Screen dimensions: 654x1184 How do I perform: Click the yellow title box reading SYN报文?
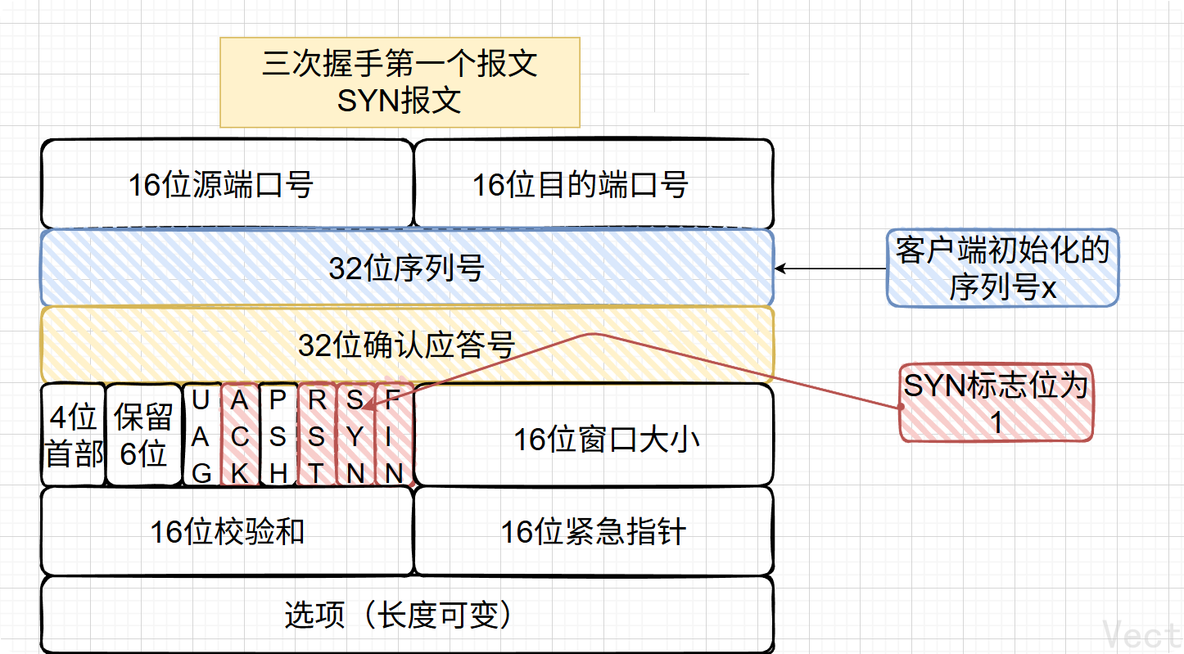tap(400, 82)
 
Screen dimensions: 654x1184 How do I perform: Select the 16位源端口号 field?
tap(226, 184)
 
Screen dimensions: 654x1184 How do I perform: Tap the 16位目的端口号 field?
tap(593, 184)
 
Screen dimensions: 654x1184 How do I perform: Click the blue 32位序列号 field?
tap(407, 268)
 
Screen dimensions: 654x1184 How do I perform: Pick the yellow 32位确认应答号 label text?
tap(407, 345)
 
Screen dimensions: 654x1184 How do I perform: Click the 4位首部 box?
tap(73, 435)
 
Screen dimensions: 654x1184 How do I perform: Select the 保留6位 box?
tap(143, 435)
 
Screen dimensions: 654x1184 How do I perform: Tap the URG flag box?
tap(201, 435)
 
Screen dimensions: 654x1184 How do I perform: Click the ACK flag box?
tap(240, 435)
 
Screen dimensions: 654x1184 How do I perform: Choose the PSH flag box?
tap(278, 435)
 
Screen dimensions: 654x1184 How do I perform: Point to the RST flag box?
tap(317, 435)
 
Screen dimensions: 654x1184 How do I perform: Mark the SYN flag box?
tap(355, 435)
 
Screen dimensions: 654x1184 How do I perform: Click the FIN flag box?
tap(394, 435)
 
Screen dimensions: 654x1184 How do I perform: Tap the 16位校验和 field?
tap(226, 531)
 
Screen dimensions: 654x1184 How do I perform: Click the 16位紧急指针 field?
tap(593, 531)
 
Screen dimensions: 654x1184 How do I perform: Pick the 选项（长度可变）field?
tap(407, 614)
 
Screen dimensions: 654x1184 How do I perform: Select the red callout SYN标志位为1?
tap(996, 403)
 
